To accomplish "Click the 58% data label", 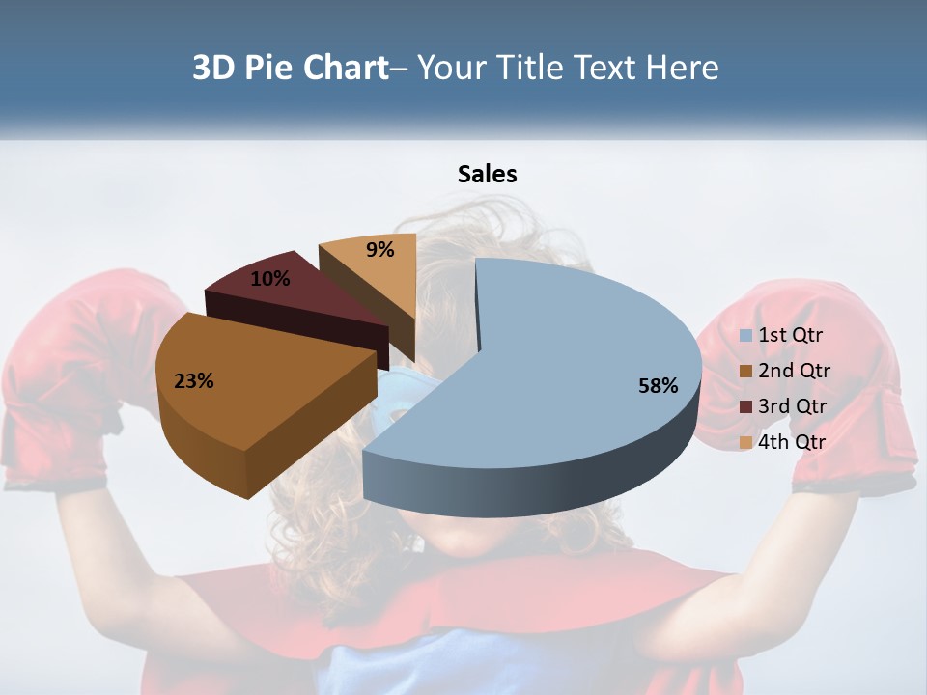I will click(x=659, y=386).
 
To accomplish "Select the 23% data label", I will click(x=193, y=381).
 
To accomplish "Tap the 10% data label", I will click(x=270, y=279).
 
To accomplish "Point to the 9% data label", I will click(x=380, y=250).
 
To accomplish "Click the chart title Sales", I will click(x=487, y=174).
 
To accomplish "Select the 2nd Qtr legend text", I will click(x=794, y=371).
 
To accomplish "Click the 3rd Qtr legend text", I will click(x=794, y=406).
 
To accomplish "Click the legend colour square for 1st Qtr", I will click(x=746, y=336).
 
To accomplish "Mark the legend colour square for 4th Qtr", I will click(x=746, y=443).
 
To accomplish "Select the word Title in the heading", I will click(x=530, y=68).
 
